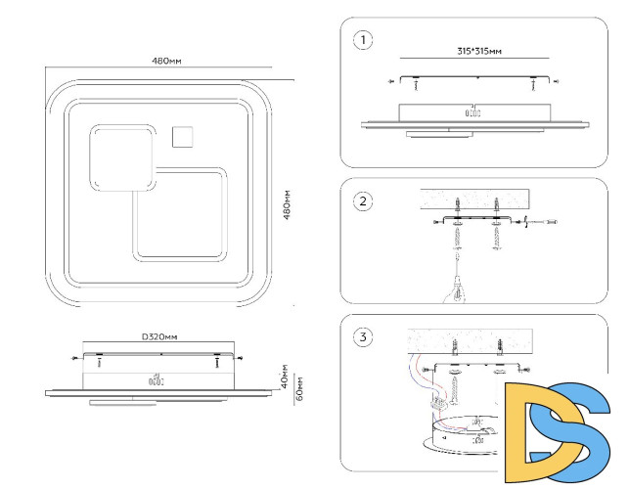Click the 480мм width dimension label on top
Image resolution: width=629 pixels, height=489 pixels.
coord(166,61)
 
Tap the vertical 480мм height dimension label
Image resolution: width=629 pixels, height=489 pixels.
coord(287,205)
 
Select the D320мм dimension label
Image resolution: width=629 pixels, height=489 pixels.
coord(159,336)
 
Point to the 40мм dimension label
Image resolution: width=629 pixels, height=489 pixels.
coord(284,377)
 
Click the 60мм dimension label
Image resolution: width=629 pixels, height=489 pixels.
coord(299,388)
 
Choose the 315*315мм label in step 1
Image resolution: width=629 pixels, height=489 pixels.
coord(479,51)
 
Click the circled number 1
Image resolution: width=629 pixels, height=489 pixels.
coord(363,40)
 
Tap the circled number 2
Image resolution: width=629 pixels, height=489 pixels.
coord(363,200)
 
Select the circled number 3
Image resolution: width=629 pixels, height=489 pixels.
coord(363,336)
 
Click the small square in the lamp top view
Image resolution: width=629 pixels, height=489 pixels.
coord(183,137)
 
